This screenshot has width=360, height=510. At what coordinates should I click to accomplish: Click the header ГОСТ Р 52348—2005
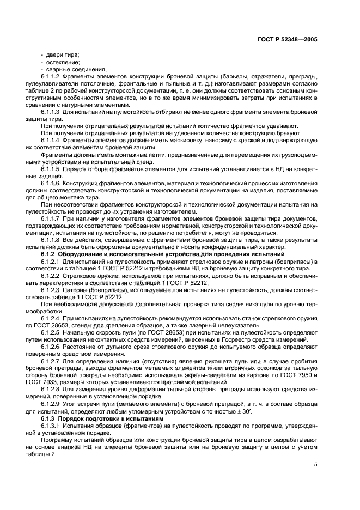pyautogui.click(x=295, y=39)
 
